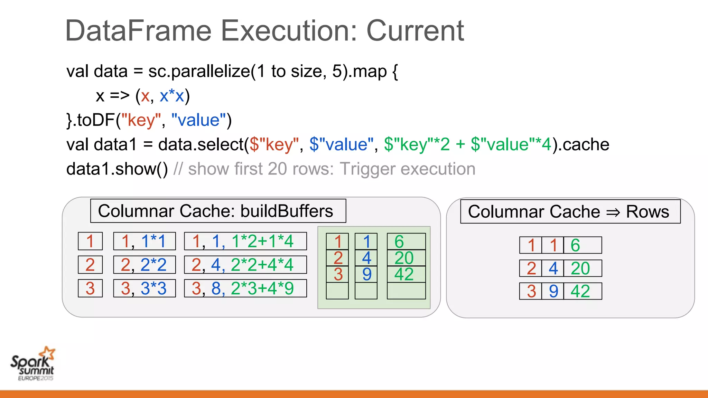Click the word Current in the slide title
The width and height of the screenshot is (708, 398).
pyautogui.click(x=415, y=31)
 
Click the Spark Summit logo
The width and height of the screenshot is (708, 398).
pyautogui.click(x=33, y=363)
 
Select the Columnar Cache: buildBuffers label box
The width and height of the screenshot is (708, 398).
pyautogui.click(x=218, y=211)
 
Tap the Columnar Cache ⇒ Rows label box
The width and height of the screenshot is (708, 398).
pyautogui.click(x=570, y=212)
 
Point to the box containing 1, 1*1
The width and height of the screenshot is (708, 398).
pyautogui.click(x=144, y=241)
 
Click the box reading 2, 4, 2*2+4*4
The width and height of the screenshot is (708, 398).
pyautogui.click(x=245, y=265)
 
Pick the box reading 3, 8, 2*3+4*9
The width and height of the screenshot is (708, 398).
pyautogui.click(x=245, y=288)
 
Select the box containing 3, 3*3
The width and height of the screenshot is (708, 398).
pyautogui.click(x=144, y=288)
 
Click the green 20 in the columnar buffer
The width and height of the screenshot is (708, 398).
pyautogui.click(x=404, y=258)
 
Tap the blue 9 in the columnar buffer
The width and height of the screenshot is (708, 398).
pyautogui.click(x=366, y=274)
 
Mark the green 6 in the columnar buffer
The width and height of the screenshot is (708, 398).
pyautogui.click(x=399, y=241)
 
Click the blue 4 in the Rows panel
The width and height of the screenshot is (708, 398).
pyautogui.click(x=553, y=268)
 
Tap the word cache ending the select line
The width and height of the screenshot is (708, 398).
pyautogui.click(x=586, y=144)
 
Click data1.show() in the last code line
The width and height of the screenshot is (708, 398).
pyautogui.click(x=117, y=169)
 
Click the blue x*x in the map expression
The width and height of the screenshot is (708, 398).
pyautogui.click(x=172, y=96)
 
